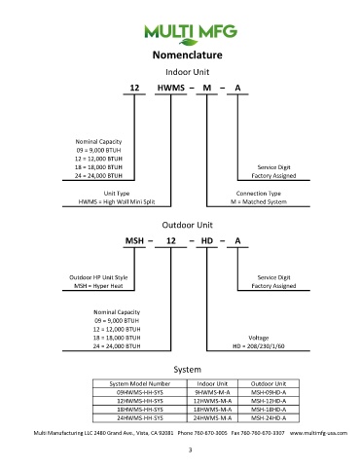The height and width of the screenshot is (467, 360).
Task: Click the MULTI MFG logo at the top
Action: tap(191, 34)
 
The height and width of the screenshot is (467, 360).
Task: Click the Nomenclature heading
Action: tap(188, 54)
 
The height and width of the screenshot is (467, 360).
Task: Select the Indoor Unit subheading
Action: tap(188, 72)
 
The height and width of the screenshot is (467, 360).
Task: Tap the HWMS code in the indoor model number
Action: tap(171, 88)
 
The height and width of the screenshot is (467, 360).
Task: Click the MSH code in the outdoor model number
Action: tap(134, 241)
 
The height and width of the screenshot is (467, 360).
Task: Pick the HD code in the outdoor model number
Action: tap(207, 241)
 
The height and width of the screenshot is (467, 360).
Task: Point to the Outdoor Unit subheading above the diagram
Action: tap(188, 225)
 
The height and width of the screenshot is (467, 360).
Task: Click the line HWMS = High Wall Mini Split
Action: tap(117, 201)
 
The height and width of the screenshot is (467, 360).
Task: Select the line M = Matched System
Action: tap(259, 201)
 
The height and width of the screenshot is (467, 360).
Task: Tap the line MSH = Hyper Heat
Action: tap(98, 286)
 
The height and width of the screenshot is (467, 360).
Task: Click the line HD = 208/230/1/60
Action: tap(259, 346)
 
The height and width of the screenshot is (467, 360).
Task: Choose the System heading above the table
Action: tap(188, 370)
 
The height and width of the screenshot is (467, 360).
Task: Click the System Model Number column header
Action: tap(140, 383)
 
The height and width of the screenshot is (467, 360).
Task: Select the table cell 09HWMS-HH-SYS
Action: tap(140, 392)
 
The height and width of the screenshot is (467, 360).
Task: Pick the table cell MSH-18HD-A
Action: tap(269, 410)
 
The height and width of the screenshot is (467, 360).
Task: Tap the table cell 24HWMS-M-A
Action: tap(212, 418)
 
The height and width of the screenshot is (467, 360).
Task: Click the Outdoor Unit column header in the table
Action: tap(269, 383)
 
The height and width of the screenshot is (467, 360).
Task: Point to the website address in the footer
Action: tap(318, 433)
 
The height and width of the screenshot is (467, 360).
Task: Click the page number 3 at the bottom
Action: tap(190, 449)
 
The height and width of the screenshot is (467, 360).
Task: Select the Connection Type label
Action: tap(259, 194)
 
